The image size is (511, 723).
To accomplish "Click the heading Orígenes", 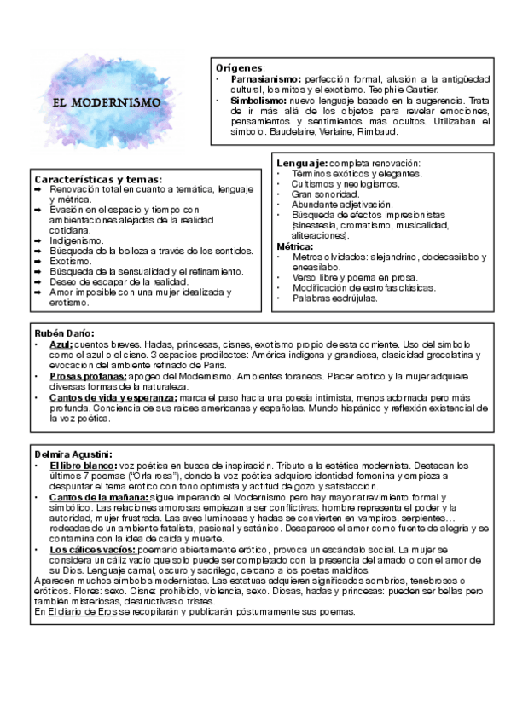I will point(240,67).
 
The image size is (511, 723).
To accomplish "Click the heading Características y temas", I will point(97,179).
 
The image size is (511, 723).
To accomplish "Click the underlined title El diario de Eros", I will point(89,612).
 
